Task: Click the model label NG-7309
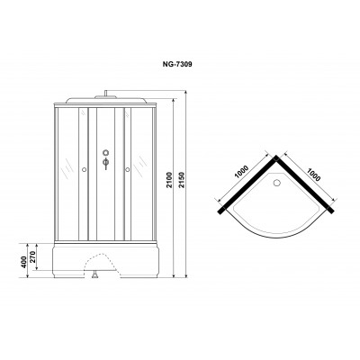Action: [177, 64]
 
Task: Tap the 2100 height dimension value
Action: [170, 180]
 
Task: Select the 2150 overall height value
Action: [182, 180]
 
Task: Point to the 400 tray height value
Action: [23, 262]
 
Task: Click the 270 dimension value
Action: [32, 256]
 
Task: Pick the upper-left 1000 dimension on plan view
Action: [242, 172]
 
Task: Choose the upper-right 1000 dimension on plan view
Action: [313, 174]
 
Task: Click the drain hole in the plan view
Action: [276, 182]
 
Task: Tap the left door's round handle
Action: [84, 170]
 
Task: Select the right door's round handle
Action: [128, 170]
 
